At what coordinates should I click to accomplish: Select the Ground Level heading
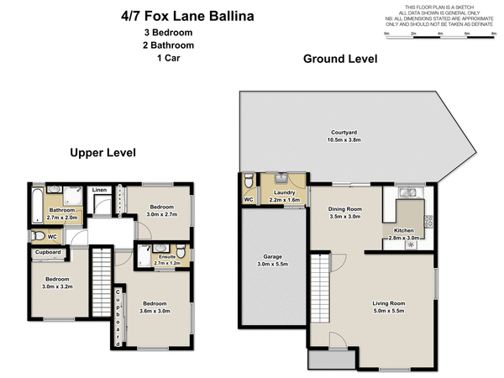point(340,59)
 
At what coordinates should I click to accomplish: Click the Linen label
point(99,191)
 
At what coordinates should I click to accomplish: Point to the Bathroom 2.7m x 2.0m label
point(61,213)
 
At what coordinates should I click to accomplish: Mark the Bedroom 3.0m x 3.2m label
point(57,283)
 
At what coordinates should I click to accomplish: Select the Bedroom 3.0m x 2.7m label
point(162,211)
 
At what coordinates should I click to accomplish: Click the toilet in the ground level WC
point(249,183)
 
